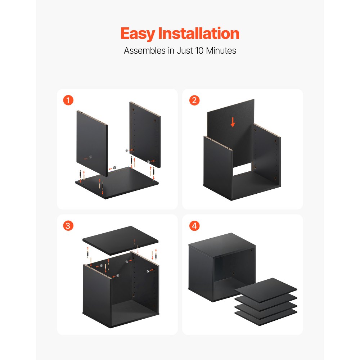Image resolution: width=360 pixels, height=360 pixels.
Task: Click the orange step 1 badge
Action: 68,100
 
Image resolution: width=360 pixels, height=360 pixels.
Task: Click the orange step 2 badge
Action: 194,100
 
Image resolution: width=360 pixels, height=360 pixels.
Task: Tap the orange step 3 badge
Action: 68,226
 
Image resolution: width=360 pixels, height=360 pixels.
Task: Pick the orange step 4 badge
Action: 194,226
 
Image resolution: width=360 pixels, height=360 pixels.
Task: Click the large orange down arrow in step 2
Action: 233,123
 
